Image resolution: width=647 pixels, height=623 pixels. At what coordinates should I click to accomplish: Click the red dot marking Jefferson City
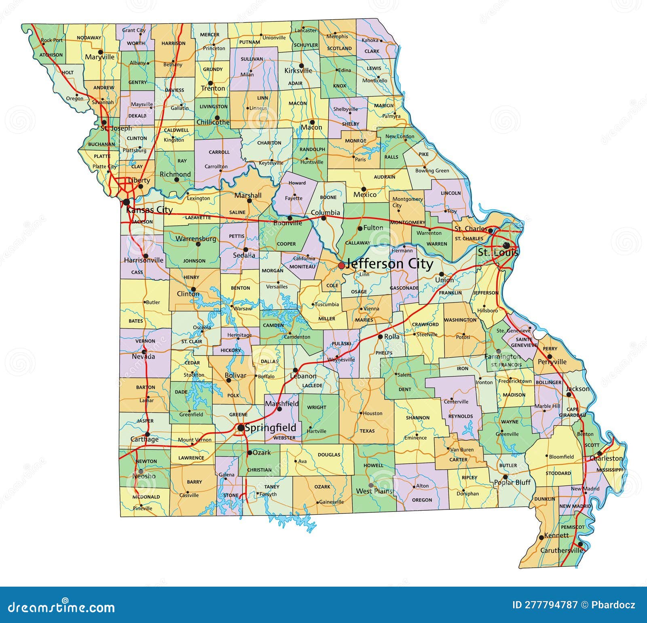pyautogui.click(x=341, y=265)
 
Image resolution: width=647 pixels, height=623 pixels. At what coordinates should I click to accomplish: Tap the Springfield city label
pyautogui.click(x=271, y=428)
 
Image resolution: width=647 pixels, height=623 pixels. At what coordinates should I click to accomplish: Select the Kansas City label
pyautogui.click(x=149, y=210)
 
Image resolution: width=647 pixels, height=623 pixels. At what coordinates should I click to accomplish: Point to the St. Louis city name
pyautogui.click(x=498, y=253)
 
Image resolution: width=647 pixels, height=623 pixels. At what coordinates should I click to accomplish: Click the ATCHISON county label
pyautogui.click(x=51, y=55)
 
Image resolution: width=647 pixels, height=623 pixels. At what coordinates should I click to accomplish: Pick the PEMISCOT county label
pyautogui.click(x=572, y=527)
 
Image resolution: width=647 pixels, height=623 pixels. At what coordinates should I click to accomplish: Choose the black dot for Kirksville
pyautogui.click(x=301, y=65)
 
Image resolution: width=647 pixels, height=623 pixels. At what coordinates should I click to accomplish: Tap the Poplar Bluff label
pyautogui.click(x=512, y=482)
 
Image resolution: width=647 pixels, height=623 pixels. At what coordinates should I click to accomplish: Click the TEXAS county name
pyautogui.click(x=367, y=431)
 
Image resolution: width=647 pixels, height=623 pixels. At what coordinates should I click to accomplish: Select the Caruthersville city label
pyautogui.click(x=561, y=550)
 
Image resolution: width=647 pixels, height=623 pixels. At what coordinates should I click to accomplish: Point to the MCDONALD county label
pyautogui.click(x=146, y=497)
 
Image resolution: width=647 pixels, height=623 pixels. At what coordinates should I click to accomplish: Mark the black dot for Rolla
pyautogui.click(x=380, y=337)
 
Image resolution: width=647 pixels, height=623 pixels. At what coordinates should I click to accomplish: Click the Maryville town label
pyautogui.click(x=99, y=57)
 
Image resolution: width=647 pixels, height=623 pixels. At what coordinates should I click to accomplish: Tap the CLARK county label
pyautogui.click(x=372, y=51)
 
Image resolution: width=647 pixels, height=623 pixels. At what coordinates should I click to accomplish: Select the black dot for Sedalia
pyautogui.click(x=245, y=249)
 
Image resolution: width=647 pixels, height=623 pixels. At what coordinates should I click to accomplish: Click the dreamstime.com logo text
pyautogui.click(x=59, y=607)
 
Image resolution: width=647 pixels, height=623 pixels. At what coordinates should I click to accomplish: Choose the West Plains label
pyautogui.click(x=374, y=491)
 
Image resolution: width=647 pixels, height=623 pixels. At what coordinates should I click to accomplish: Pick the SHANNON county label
pyautogui.click(x=417, y=418)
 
